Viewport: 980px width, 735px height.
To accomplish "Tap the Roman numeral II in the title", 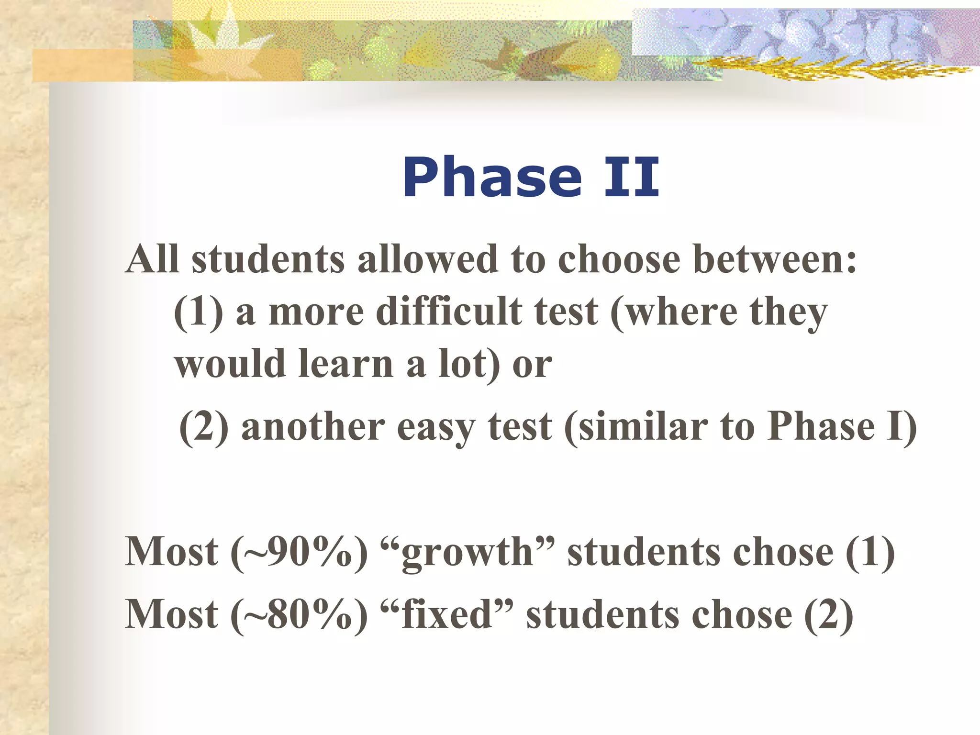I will coord(632,178).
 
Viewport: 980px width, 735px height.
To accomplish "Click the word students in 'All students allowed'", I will coord(268,259).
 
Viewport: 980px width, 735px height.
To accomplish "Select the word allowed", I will coord(428,259).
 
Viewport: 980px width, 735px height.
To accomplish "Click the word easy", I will coord(435,427).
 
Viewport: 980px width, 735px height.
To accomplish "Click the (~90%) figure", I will coord(299,552).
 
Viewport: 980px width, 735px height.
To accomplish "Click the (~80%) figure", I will coord(299,614).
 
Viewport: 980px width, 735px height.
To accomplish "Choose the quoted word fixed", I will coord(447,614).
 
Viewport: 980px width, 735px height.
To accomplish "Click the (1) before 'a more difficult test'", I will coord(198,312).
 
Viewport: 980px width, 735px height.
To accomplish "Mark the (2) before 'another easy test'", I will coord(204,427).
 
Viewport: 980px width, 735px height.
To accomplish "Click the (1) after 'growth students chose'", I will coord(870,552).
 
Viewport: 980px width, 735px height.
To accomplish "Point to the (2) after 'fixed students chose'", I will coord(829,614).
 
